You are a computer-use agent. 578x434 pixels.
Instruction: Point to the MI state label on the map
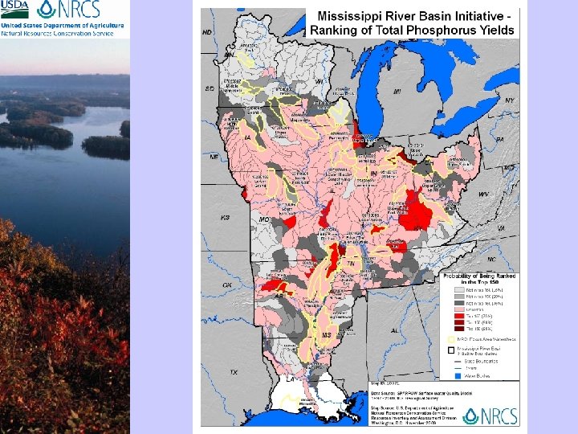click(x=396, y=92)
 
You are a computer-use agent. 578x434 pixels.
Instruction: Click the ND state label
click(x=207, y=33)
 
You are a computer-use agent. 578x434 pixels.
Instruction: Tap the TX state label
click(x=234, y=373)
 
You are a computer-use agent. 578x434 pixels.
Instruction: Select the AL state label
click(x=395, y=330)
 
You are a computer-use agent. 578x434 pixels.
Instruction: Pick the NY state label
click(x=509, y=100)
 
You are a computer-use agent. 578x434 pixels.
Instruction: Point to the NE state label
click(x=214, y=158)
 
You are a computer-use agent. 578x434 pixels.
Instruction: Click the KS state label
click(x=226, y=218)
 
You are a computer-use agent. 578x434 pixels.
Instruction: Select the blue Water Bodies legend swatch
click(x=450, y=375)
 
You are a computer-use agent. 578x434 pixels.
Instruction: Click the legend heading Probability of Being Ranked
click(x=480, y=276)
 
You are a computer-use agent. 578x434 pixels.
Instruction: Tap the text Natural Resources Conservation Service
click(x=62, y=34)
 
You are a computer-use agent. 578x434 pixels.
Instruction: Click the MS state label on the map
click(x=326, y=334)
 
